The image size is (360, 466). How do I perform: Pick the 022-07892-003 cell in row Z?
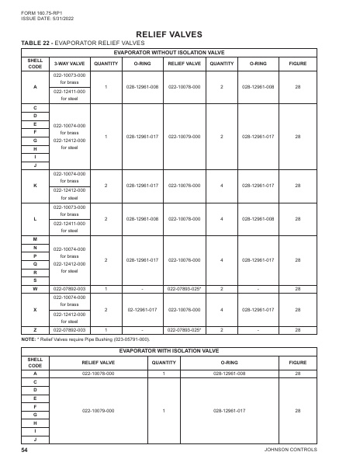tap(69, 329)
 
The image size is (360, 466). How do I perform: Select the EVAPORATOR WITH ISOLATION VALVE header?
tap(180, 351)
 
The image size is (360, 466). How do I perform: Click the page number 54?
tap(25, 450)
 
